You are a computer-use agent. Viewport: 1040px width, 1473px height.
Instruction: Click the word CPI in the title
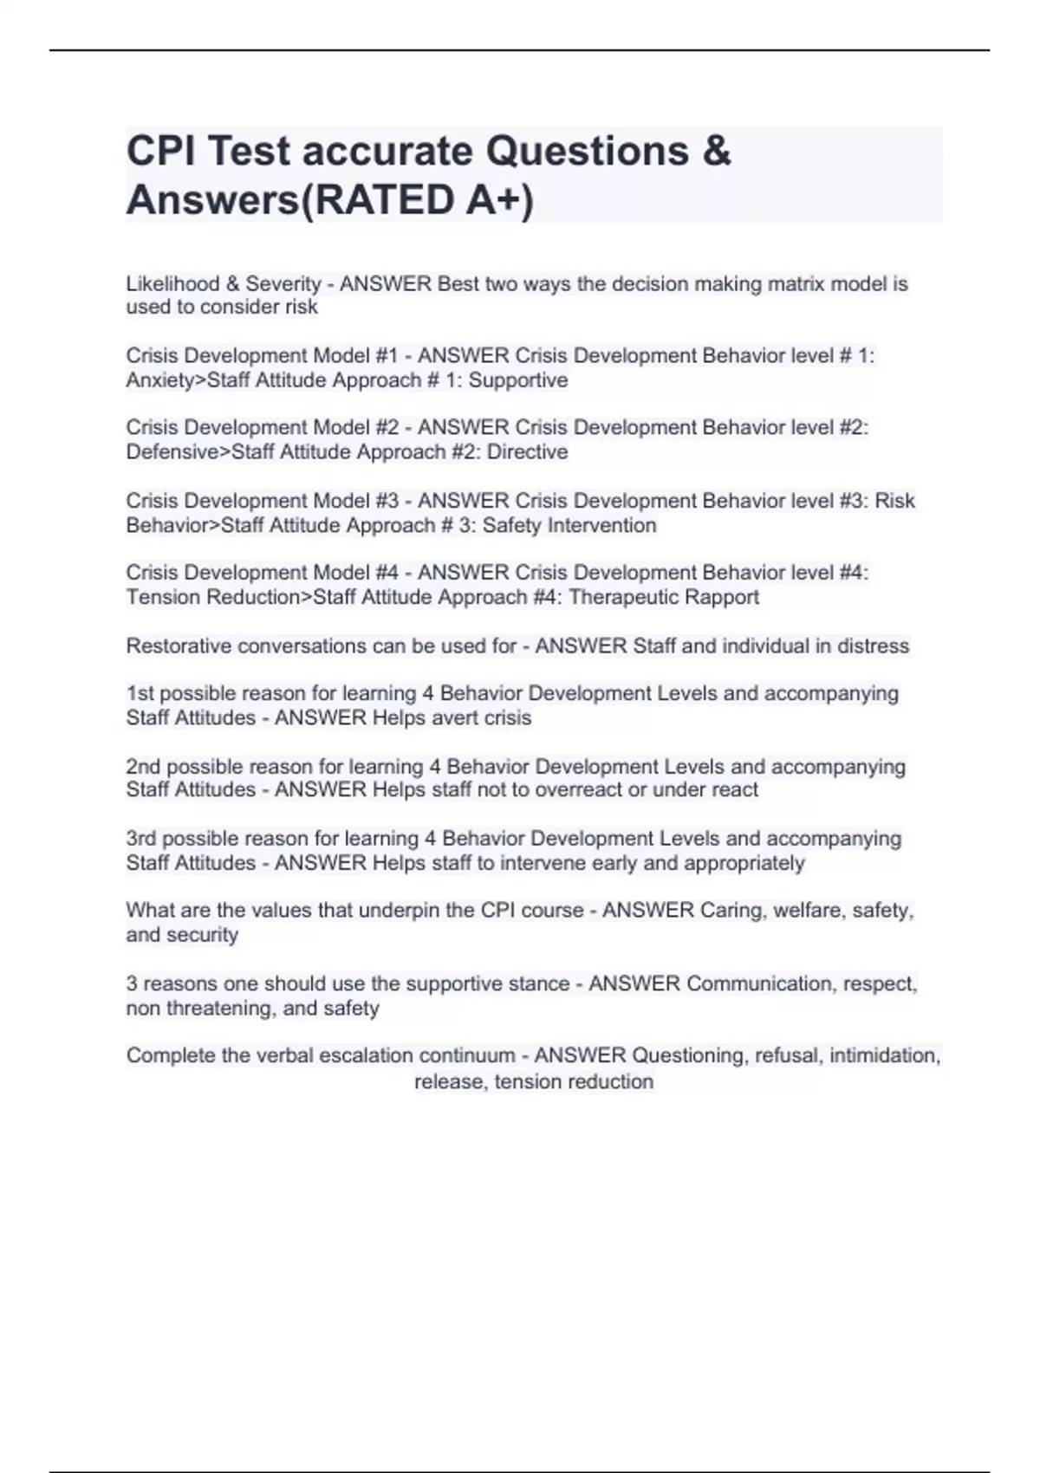160,152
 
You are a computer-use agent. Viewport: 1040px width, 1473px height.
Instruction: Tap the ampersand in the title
716,152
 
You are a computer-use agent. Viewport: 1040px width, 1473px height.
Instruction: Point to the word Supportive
518,380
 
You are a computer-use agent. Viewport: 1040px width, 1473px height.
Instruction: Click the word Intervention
603,525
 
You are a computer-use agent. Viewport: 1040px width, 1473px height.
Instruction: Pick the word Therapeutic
621,597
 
